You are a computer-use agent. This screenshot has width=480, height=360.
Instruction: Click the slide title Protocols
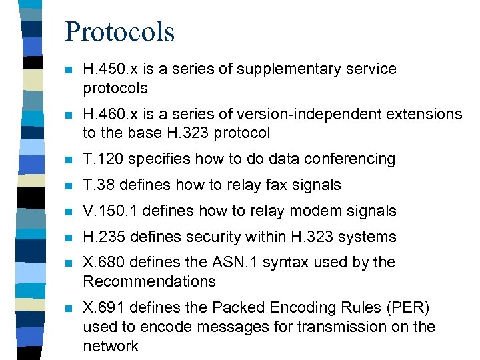coord(120,31)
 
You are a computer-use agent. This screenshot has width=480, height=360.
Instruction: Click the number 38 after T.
coord(105,185)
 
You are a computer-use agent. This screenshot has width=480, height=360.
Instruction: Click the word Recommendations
coord(149,281)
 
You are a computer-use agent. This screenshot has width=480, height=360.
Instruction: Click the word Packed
coord(235,307)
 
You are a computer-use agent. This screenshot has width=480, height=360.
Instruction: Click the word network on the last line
coord(111,345)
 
